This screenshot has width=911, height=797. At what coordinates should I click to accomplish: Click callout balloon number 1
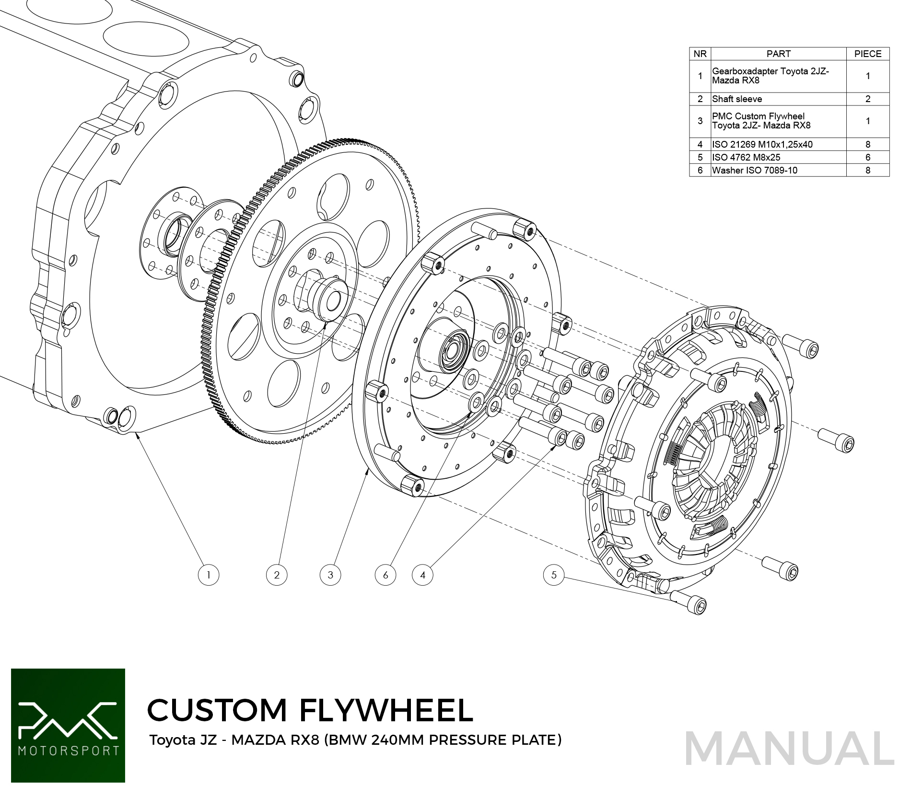point(209,575)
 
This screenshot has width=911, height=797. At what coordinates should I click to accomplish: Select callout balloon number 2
point(277,575)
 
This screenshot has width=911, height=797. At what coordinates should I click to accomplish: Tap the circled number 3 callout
point(330,575)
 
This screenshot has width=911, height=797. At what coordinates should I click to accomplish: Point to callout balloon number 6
point(385,575)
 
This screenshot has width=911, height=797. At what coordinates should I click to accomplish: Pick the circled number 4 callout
point(422,575)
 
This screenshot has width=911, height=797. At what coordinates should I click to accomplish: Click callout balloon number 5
point(554,575)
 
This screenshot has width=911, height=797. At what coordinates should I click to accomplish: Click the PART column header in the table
point(778,54)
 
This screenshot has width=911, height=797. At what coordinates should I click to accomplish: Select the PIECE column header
point(867,54)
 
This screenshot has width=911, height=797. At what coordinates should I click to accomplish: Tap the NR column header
point(700,54)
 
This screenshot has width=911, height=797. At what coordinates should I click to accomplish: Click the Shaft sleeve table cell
point(737,99)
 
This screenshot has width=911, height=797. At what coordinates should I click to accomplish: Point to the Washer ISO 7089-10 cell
point(755,170)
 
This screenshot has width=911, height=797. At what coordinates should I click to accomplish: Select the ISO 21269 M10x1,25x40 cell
point(762,144)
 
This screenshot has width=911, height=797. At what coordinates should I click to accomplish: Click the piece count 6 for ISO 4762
point(867,157)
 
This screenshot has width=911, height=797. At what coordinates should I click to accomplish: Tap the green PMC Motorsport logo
point(68,725)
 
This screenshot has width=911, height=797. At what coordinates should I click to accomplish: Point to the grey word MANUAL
point(789,749)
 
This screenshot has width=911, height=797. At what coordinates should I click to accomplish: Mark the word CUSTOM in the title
point(217,710)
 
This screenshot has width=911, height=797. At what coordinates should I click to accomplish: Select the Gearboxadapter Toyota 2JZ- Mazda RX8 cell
point(770,76)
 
